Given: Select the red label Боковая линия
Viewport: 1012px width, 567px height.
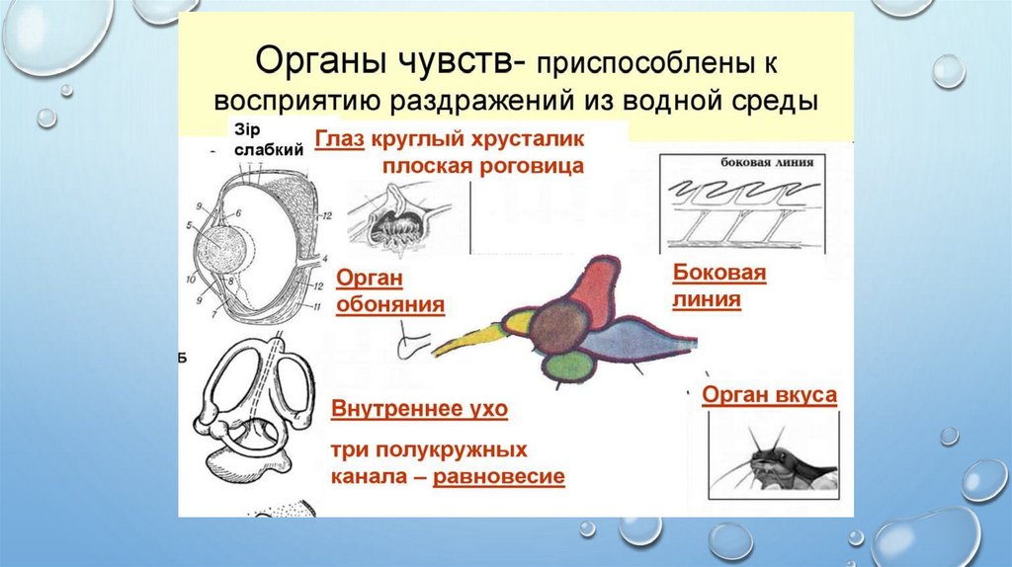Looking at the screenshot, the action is pos(719,285).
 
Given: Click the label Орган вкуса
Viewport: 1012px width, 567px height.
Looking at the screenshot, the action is pos(770,396).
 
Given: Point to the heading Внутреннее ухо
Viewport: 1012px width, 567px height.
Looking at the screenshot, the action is pos(426,407).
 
